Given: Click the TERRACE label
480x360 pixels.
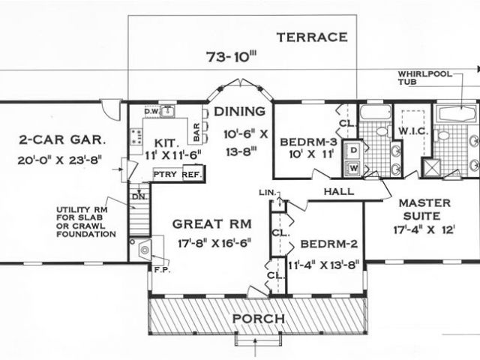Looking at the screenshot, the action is (x=312, y=37).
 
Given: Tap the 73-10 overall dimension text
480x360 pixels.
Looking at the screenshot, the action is (x=231, y=57).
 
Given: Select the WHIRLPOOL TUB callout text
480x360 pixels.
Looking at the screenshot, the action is (x=425, y=78).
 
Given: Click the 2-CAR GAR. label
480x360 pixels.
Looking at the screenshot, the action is (x=62, y=140).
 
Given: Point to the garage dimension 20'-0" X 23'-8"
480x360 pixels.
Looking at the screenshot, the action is (x=60, y=160).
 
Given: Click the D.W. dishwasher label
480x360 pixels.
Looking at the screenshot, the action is (x=151, y=112).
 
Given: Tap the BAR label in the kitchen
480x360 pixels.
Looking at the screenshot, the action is (x=196, y=132).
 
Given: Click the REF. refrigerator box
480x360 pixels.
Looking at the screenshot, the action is (x=193, y=174).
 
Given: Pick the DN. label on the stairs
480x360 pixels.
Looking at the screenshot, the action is (x=140, y=196).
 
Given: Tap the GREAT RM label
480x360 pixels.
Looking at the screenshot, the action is (x=211, y=224).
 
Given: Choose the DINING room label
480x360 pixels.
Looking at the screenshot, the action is (x=239, y=112).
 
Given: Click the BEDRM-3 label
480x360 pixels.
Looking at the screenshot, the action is (x=308, y=142).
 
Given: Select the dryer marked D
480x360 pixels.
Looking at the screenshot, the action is (x=353, y=150).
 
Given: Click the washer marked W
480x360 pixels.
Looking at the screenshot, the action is (x=353, y=168).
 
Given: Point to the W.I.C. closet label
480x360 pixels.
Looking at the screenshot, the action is (x=412, y=132).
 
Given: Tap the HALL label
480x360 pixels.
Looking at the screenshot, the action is (x=339, y=192).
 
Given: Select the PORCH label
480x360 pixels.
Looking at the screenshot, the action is (x=259, y=319).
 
